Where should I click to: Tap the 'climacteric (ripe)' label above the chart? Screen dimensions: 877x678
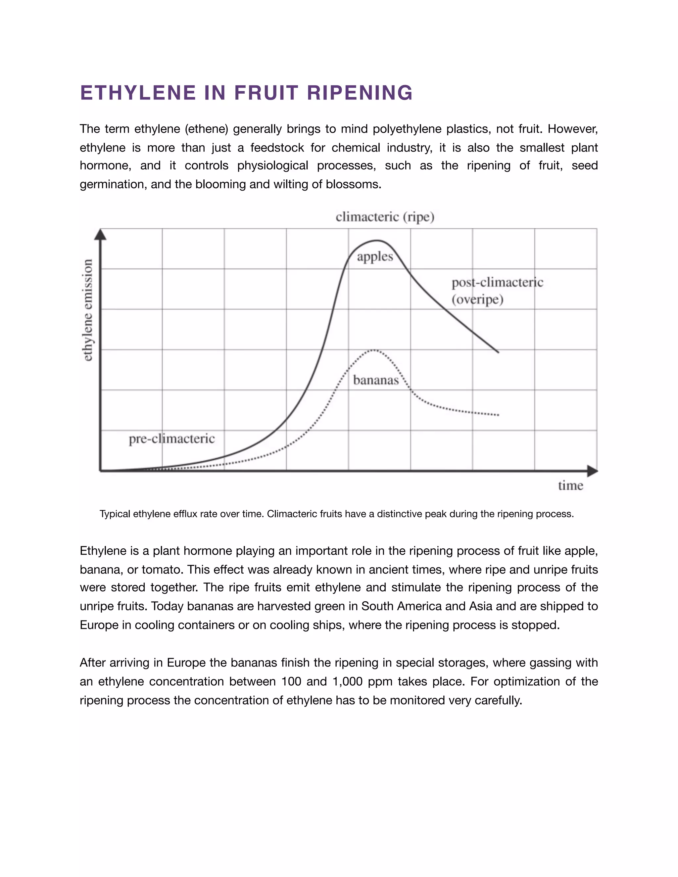385,217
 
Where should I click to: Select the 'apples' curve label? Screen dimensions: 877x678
375,256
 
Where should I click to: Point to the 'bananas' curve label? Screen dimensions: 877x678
375,380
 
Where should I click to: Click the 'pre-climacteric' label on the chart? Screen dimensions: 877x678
171,438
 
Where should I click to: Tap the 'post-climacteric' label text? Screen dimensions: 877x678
497,282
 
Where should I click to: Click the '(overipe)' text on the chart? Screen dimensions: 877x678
477,300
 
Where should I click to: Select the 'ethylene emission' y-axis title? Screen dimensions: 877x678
87,310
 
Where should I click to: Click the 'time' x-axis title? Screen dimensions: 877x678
570,485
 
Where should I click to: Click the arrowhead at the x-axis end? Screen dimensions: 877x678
593,471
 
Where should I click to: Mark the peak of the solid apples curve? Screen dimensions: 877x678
377,241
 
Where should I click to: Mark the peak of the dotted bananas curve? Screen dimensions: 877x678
373,350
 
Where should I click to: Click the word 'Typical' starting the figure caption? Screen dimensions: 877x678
115,514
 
